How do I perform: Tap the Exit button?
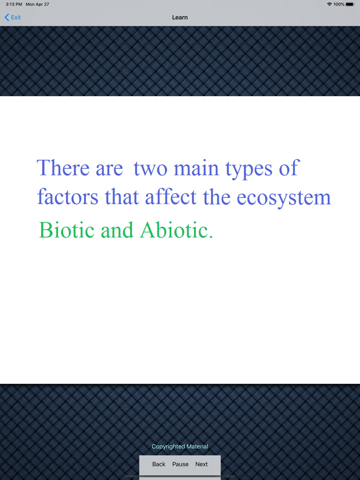(13, 17)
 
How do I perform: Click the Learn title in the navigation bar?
(180, 18)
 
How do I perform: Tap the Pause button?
(180, 464)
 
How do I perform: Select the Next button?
(202, 464)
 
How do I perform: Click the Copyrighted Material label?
(180, 446)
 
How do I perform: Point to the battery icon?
(350, 4)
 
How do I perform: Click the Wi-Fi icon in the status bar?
(329, 4)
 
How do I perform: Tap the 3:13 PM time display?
(14, 4)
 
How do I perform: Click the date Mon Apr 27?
(37, 4)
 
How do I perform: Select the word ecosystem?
(284, 198)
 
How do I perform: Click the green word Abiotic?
(174, 230)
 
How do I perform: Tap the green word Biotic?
(67, 230)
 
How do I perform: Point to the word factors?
(68, 196)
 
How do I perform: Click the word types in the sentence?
(249, 169)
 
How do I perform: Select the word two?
(150, 169)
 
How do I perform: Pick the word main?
(196, 168)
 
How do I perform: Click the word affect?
(171, 196)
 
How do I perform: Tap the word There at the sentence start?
(63, 167)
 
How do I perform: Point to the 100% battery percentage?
(339, 4)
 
